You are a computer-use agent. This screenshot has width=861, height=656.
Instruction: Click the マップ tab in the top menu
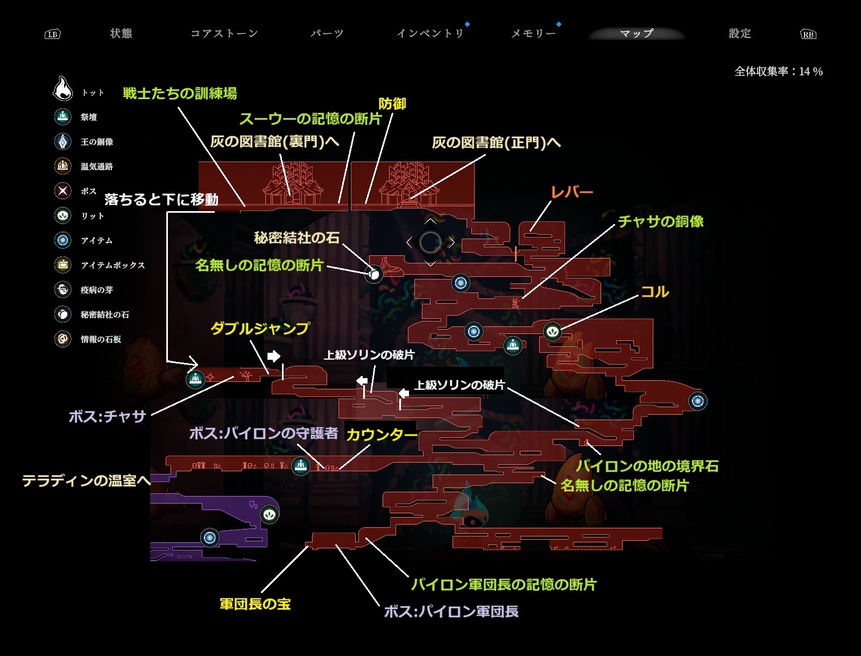click(637, 33)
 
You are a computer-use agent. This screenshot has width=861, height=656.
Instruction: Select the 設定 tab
click(739, 33)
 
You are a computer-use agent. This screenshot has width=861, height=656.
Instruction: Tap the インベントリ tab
click(430, 33)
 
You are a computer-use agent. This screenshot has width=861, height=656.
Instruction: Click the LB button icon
click(52, 34)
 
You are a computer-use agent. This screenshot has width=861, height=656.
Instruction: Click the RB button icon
click(808, 34)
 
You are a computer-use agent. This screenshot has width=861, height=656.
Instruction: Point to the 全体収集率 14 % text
click(778, 71)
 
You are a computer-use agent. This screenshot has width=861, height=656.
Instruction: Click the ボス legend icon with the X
click(63, 191)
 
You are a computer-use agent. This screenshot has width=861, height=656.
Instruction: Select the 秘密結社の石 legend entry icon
click(63, 314)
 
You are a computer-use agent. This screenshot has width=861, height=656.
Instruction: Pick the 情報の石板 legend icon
click(63, 339)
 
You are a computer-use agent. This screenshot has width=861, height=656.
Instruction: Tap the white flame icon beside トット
click(63, 89)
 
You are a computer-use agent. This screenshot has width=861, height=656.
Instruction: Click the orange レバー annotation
click(571, 192)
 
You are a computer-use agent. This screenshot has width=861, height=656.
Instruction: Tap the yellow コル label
click(654, 292)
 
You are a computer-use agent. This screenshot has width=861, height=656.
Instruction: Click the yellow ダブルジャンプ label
click(260, 329)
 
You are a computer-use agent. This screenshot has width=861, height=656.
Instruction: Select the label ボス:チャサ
click(108, 416)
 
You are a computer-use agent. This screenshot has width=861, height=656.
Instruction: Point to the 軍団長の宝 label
click(255, 604)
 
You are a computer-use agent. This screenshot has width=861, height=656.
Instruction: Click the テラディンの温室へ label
click(86, 480)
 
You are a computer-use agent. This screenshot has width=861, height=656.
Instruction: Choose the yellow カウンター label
click(382, 435)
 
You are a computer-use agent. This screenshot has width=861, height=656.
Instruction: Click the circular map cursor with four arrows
click(430, 242)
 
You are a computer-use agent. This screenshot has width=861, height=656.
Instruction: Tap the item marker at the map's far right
click(698, 401)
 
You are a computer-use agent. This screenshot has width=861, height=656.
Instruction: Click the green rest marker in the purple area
click(270, 514)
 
